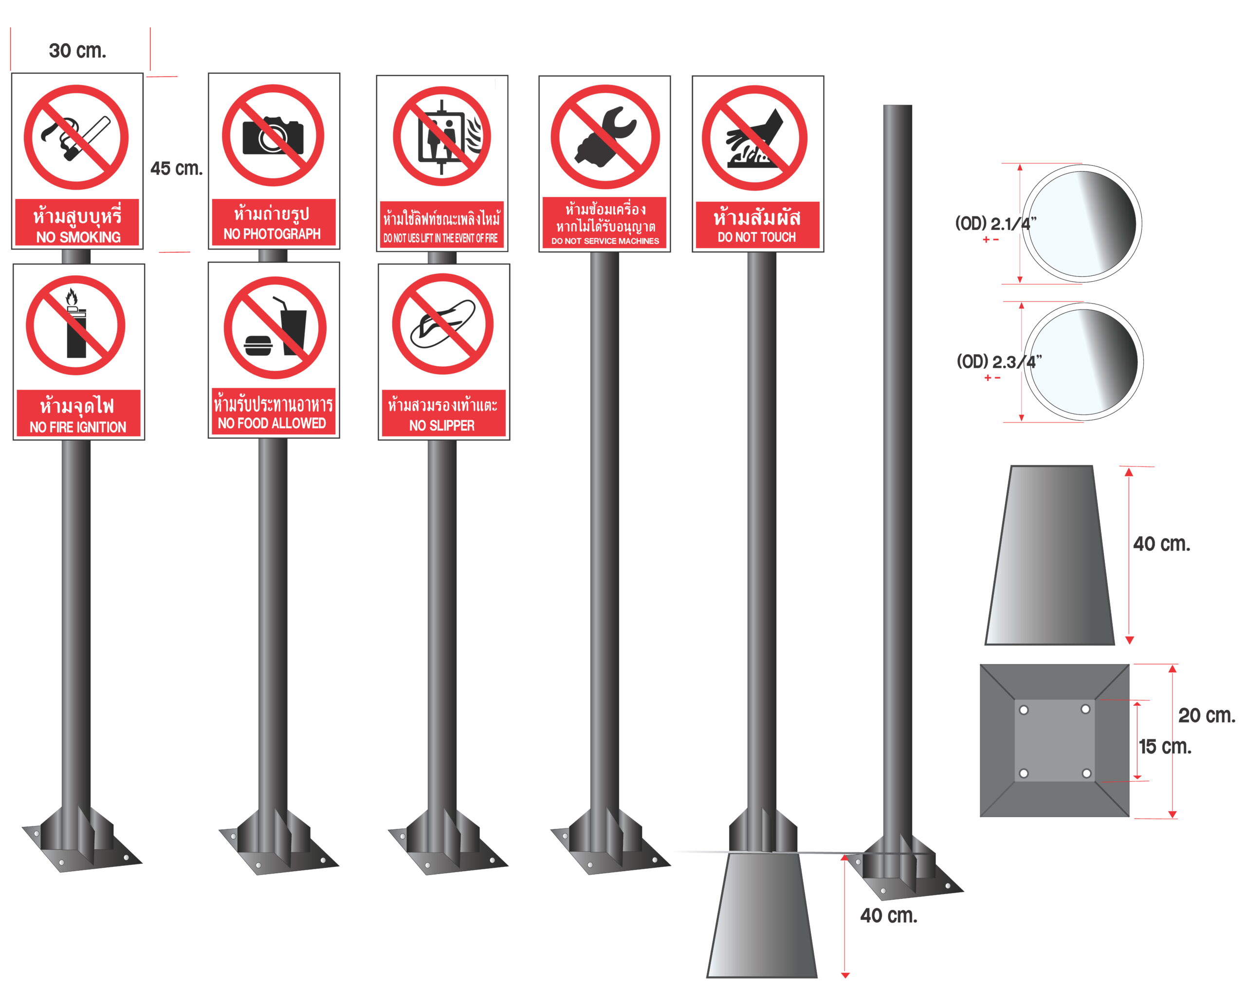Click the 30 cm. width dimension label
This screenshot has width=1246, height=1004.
(x=77, y=51)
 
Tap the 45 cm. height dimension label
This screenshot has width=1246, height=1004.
(x=177, y=168)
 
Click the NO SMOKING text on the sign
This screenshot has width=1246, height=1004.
(x=78, y=237)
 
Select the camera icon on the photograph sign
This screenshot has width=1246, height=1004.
(x=273, y=135)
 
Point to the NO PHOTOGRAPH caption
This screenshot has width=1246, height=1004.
(x=272, y=233)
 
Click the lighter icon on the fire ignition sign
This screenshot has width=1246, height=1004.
(x=76, y=324)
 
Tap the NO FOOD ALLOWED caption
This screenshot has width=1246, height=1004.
(x=272, y=423)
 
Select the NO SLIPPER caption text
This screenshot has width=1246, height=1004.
(x=441, y=426)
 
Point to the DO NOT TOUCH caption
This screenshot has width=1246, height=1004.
(x=756, y=237)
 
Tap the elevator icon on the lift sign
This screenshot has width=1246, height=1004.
(x=441, y=137)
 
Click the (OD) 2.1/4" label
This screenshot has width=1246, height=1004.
(x=995, y=223)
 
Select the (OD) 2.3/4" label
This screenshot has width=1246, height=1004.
(x=998, y=362)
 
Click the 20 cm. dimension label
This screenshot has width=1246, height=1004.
(x=1207, y=716)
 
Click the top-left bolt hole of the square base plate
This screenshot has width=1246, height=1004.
(x=1023, y=710)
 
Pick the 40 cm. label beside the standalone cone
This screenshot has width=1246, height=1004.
(x=1161, y=544)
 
